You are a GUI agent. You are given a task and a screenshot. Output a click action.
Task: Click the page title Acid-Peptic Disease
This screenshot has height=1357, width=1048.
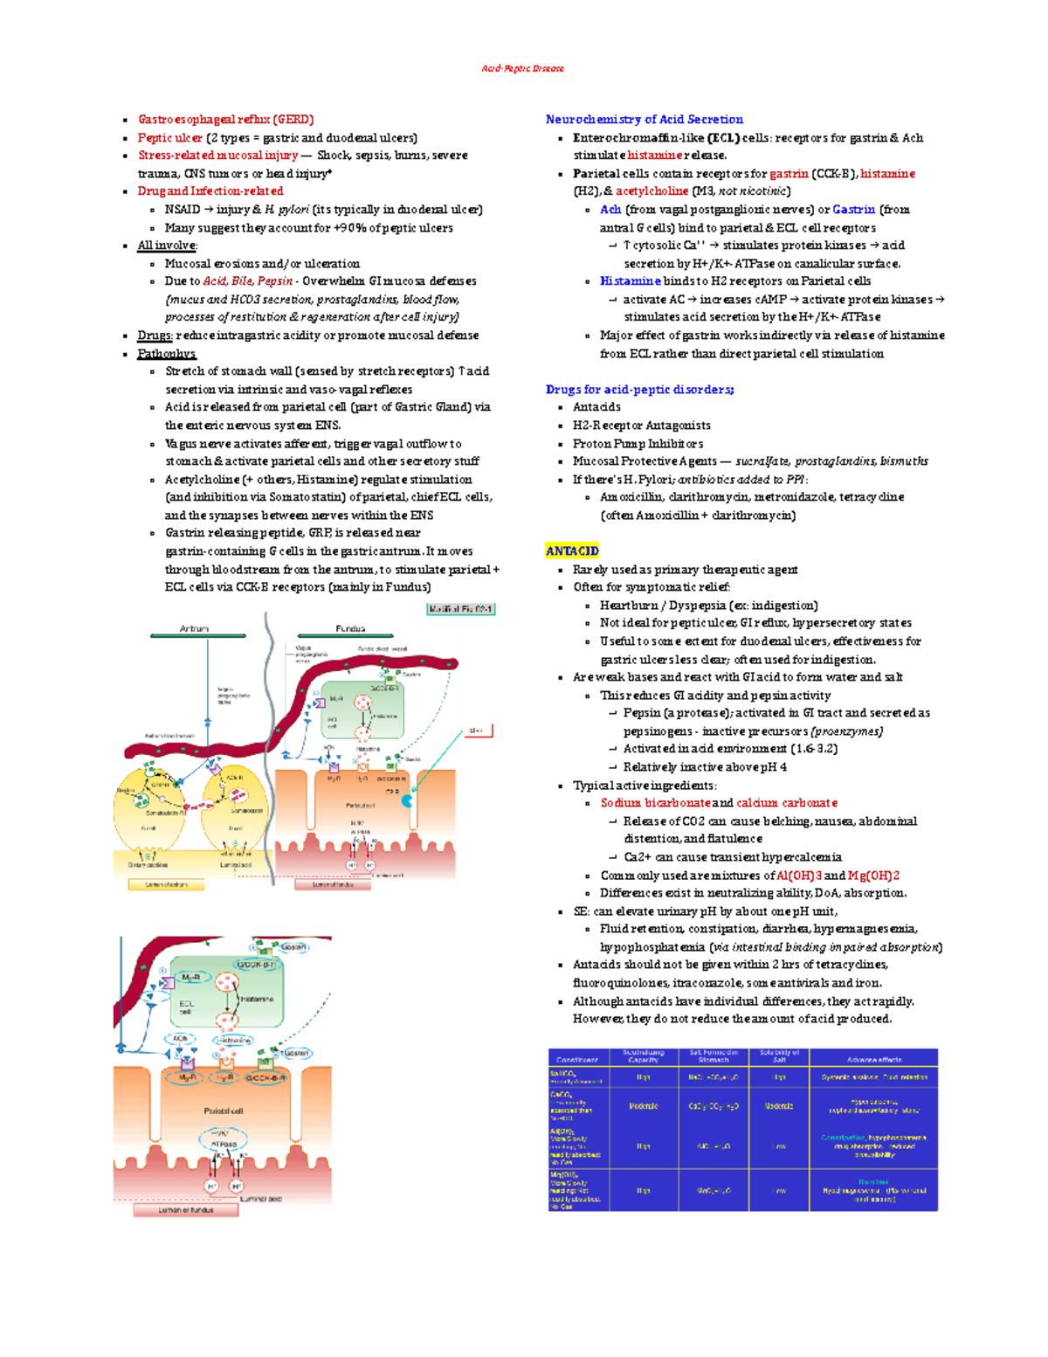click(522, 68)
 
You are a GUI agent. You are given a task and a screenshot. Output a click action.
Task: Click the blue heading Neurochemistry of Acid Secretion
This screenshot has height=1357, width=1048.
click(644, 119)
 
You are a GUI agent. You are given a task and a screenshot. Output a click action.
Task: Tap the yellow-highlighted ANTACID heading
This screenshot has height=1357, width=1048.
click(572, 550)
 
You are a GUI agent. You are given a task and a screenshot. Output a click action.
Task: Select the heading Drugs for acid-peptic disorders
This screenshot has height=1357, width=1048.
click(639, 389)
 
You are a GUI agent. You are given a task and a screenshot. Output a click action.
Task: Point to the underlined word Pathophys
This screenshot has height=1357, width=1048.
click(166, 353)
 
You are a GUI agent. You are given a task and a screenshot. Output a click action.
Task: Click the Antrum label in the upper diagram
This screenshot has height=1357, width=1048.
click(194, 628)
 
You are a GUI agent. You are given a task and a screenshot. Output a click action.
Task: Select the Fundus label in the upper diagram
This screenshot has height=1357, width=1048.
click(350, 628)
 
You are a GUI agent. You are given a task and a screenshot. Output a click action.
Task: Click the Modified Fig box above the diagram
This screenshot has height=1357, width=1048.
click(460, 609)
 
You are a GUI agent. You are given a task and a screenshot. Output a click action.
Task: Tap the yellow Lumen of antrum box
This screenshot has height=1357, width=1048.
click(166, 884)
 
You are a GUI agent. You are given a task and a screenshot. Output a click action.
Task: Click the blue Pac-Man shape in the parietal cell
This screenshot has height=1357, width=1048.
click(407, 800)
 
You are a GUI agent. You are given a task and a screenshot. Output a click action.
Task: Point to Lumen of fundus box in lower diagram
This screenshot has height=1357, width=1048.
click(185, 1210)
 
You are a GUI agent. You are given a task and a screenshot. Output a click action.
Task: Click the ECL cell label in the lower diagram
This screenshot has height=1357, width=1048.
click(186, 1007)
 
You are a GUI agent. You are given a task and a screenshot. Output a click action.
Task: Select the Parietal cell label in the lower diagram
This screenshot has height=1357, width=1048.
click(224, 1111)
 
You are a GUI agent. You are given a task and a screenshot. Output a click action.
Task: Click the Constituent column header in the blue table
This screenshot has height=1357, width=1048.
click(577, 1059)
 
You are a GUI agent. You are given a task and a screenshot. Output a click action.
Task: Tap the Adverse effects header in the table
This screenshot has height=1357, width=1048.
click(873, 1059)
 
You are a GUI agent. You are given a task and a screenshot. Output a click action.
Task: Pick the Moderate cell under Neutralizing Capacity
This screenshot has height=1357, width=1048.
click(644, 1106)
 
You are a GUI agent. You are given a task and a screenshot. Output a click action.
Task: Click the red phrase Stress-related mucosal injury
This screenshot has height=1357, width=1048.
click(217, 155)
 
